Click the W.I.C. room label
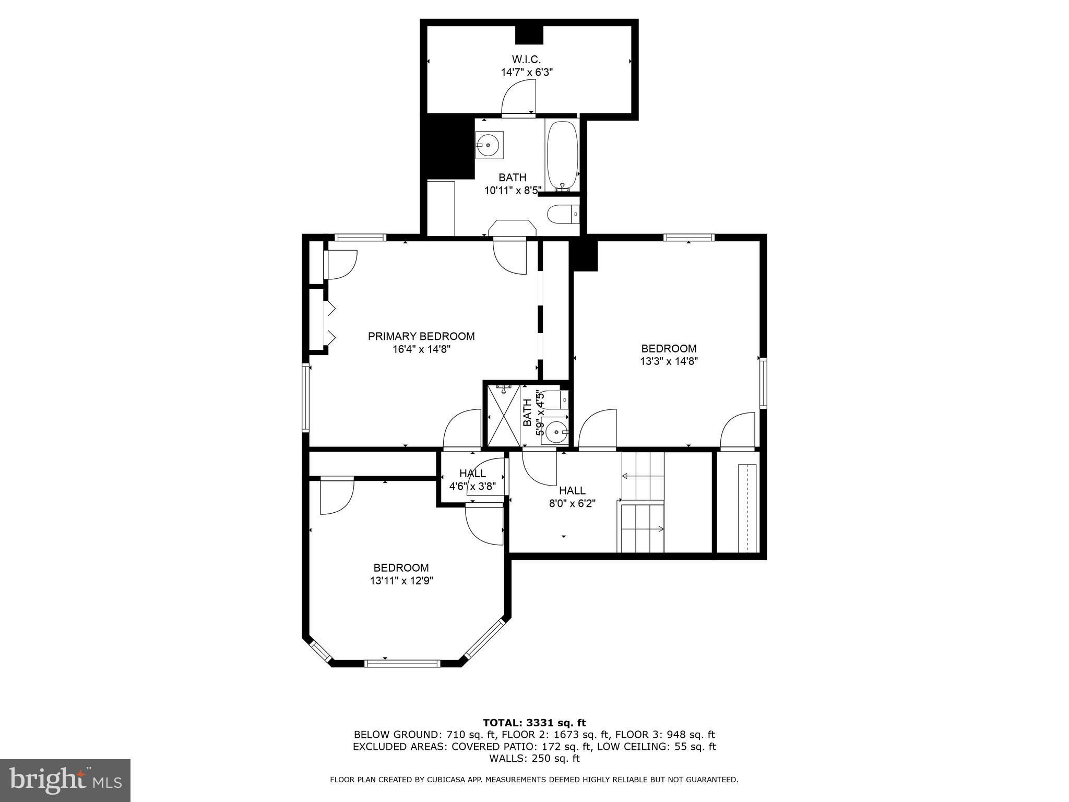click(x=527, y=59)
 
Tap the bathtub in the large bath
click(x=562, y=155)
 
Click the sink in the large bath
click(x=489, y=145)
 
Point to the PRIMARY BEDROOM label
click(x=421, y=336)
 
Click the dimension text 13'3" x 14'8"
click(x=669, y=361)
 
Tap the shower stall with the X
click(x=504, y=416)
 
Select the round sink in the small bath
click(x=555, y=431)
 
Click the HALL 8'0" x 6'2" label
click(x=572, y=497)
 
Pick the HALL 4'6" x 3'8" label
click(x=472, y=480)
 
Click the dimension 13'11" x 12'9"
click(x=401, y=580)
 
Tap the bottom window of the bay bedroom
click(x=402, y=664)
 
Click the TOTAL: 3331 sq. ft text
click(x=534, y=723)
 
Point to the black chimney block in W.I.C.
click(x=529, y=35)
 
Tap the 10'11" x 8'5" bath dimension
click(x=513, y=191)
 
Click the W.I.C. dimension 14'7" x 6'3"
click(x=527, y=72)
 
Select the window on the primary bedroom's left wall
click(x=306, y=398)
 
